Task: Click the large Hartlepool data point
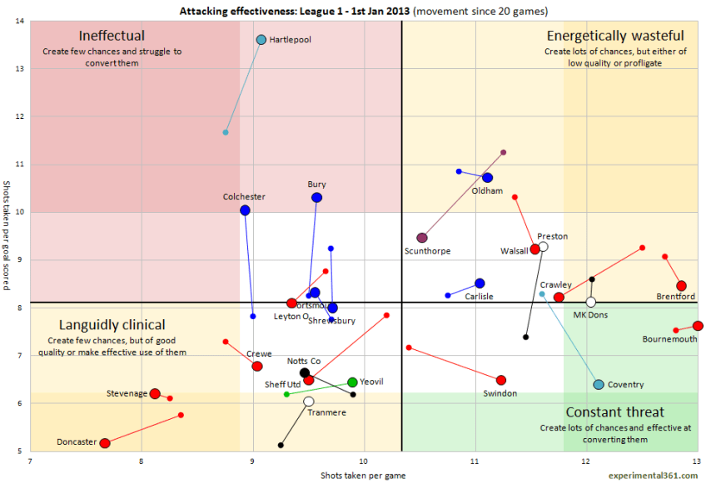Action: pyautogui.click(x=261, y=40)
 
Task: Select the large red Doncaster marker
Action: pyautogui.click(x=105, y=443)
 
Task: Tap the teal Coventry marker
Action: pyautogui.click(x=599, y=384)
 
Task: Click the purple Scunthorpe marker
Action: pyautogui.click(x=422, y=238)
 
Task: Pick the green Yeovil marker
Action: pyautogui.click(x=352, y=382)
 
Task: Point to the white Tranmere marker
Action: pyautogui.click(x=309, y=401)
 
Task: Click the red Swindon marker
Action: pyautogui.click(x=500, y=380)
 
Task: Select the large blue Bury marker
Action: pyautogui.click(x=317, y=198)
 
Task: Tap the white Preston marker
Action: pyautogui.click(x=543, y=246)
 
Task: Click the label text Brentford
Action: pyautogui.click(x=675, y=297)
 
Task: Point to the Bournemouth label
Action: pyautogui.click(x=669, y=339)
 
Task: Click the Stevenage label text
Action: pyautogui.click(x=127, y=393)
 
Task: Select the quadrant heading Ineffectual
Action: pyautogui.click(x=112, y=36)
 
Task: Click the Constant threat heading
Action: pyautogui.click(x=614, y=412)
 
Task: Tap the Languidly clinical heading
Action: pyautogui.click(x=112, y=325)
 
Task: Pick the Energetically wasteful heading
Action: pyautogui.click(x=615, y=36)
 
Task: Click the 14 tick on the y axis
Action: pyautogui.click(x=20, y=21)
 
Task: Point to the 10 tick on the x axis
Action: pyautogui.click(x=364, y=461)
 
